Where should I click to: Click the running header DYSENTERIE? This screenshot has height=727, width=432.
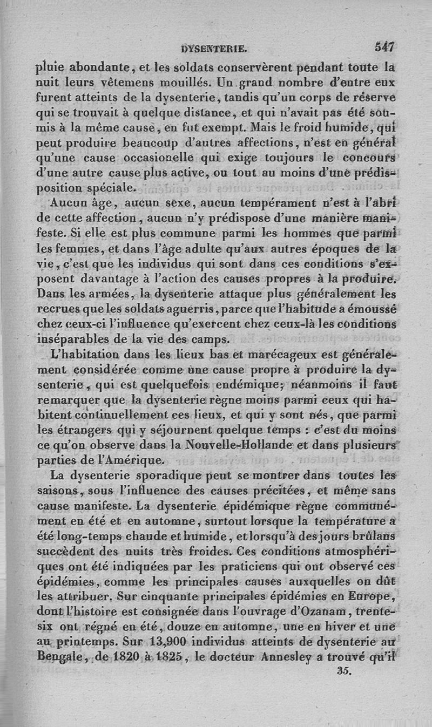point(214,49)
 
